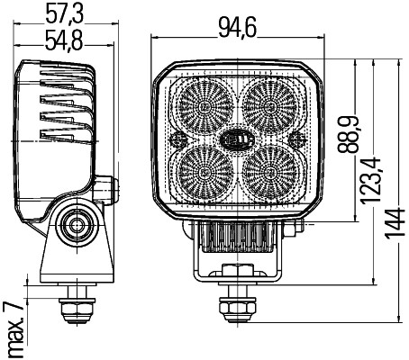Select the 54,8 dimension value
coord(65,40)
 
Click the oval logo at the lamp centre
coord(238,139)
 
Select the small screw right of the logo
coord(297,139)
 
